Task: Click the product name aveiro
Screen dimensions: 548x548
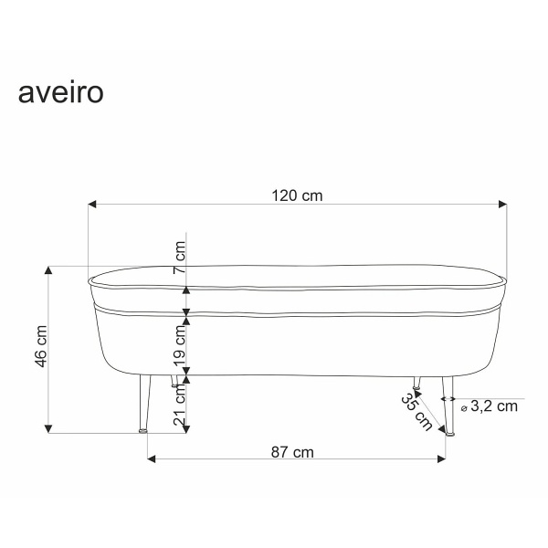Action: [x=61, y=93]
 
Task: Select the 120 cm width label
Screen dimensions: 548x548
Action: [x=297, y=195]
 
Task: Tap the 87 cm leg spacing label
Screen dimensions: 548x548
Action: [x=292, y=452]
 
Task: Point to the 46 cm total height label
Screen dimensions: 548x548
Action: [x=41, y=346]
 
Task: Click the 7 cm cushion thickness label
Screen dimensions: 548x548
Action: [x=180, y=258]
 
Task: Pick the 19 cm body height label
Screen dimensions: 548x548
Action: [x=180, y=345]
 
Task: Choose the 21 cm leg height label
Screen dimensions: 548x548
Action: [x=180, y=405]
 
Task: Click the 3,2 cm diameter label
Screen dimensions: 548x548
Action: [x=494, y=406]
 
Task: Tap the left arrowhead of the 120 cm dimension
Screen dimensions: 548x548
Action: [x=91, y=204]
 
